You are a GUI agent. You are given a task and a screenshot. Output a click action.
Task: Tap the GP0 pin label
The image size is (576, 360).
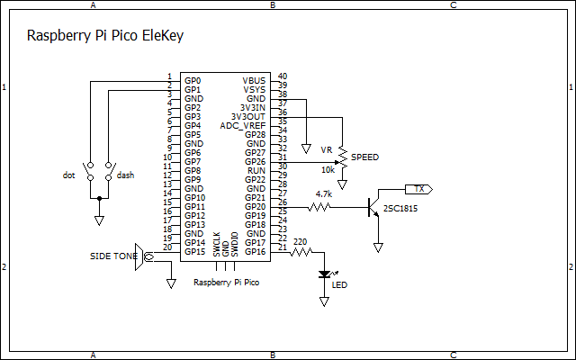tap(193, 80)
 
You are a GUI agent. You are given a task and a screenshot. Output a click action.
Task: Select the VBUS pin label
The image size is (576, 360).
tap(255, 80)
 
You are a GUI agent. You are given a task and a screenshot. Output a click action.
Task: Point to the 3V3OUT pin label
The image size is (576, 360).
tap(248, 116)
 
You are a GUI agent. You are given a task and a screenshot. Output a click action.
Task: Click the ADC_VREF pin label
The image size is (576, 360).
tap(242, 125)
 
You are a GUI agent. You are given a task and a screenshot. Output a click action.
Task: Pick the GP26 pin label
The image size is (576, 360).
tap(256, 161)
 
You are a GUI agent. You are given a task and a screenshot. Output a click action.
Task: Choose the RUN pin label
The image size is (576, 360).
tap(256, 170)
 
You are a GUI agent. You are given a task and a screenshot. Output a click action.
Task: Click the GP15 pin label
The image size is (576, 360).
tap(194, 251)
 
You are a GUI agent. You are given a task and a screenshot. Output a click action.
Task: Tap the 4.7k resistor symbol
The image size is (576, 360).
tap(320, 207)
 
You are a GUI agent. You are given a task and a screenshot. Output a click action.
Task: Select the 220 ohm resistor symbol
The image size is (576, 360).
tap(302, 252)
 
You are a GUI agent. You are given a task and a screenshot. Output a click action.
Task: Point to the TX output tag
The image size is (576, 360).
tap(419, 189)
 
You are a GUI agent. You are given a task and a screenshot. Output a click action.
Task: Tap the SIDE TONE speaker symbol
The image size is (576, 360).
tap(140, 256)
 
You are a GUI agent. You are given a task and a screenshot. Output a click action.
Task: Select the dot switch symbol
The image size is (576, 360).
tap(90, 171)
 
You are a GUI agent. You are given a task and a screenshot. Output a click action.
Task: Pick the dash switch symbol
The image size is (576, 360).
tap(108, 171)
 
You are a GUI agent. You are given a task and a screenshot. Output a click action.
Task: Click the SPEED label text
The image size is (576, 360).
tap(364, 157)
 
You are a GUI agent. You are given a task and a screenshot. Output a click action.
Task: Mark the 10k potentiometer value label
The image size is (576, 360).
tap(328, 169)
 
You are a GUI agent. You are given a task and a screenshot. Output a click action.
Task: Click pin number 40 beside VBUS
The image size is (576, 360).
tap(283, 76)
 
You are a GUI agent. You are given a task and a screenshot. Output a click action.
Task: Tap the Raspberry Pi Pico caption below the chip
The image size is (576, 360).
tap(228, 283)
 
